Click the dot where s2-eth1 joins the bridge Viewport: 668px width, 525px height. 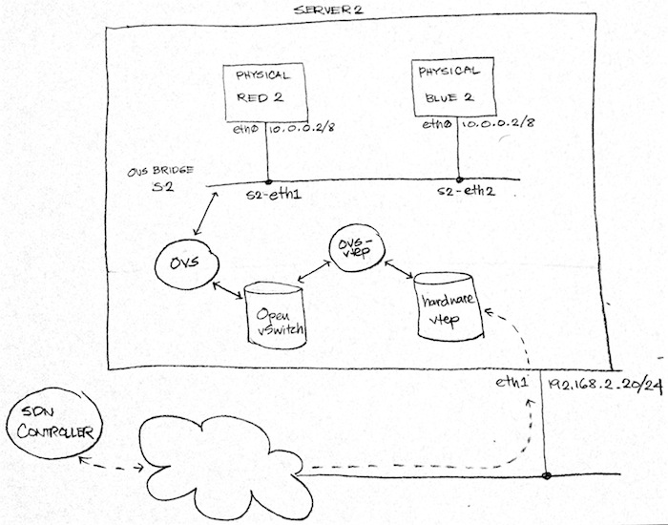click(268, 181)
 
